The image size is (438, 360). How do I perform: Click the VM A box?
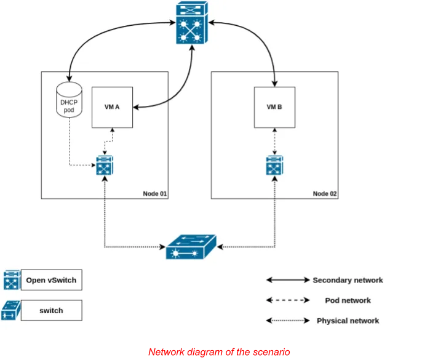point(112,107)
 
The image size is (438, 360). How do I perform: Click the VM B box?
point(274,107)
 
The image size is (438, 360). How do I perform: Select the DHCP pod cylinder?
point(69,98)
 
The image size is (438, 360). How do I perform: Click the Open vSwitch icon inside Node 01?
point(105,166)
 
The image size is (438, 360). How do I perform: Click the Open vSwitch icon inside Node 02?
point(274,166)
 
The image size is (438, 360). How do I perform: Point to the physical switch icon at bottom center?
point(191,247)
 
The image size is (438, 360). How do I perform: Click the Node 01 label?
point(154,193)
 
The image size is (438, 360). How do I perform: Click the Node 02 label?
point(325,193)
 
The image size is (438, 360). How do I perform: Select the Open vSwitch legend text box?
point(51,280)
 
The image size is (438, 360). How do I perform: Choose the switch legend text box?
point(51,311)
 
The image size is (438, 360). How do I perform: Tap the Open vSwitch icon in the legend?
point(12,280)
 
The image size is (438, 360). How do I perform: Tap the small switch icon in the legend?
point(12,310)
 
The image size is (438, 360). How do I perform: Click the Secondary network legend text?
point(348,280)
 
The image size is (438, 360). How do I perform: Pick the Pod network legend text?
point(348,300)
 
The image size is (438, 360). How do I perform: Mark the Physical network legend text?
point(348,321)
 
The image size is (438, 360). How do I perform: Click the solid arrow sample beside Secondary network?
point(288,280)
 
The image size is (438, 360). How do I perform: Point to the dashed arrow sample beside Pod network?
point(288,300)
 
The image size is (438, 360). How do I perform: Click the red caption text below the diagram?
point(218,351)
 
